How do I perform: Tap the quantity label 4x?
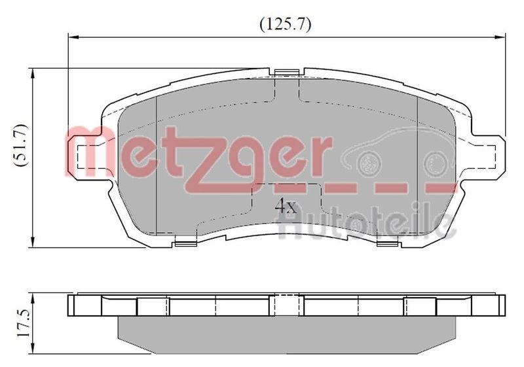286,207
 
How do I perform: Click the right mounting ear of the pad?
486,155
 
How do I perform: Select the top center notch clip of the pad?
286,73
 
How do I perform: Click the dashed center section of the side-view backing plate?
286,306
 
